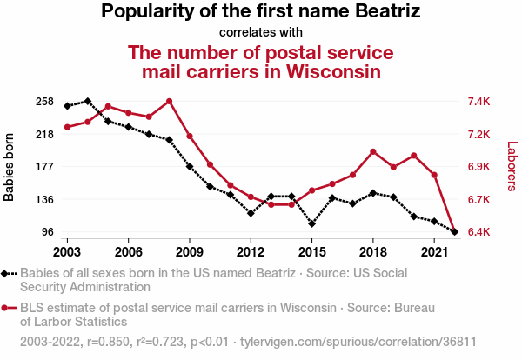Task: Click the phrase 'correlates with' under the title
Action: pos(261,33)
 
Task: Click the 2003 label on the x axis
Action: pos(67,251)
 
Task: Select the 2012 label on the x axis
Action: pos(251,251)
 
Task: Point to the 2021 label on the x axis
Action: pos(434,251)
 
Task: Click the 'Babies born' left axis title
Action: pos(10,167)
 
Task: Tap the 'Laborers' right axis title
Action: pos(512,167)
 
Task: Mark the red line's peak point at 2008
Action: pos(169,101)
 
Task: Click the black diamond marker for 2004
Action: pos(88,102)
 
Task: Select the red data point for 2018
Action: pos(372,152)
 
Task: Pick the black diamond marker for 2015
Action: pos(311,224)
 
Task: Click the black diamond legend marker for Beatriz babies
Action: pos(6,273)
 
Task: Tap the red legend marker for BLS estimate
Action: pos(6,308)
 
